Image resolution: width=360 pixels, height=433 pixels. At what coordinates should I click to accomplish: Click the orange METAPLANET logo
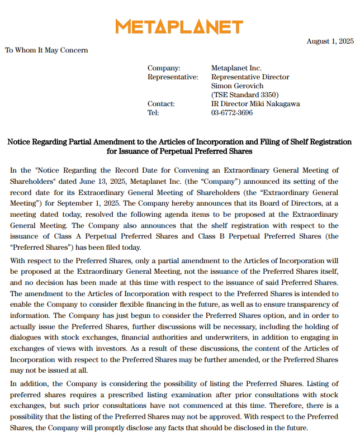179,27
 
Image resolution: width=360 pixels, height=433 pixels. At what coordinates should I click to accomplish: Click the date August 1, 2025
330,41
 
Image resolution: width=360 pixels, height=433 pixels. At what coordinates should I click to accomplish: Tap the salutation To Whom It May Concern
46,50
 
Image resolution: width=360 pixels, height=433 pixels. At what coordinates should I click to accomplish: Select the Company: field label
164,68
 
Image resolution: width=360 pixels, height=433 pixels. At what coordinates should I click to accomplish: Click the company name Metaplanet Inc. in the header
236,68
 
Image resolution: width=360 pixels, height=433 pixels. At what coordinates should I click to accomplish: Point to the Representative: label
173,77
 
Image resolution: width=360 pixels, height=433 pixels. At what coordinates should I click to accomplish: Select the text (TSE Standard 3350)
245,95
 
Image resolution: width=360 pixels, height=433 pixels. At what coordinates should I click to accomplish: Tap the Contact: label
161,104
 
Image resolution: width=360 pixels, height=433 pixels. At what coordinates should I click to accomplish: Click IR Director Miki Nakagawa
255,104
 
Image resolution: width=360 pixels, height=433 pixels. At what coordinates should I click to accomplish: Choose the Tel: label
153,113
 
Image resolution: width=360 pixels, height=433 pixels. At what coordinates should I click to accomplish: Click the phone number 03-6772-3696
232,113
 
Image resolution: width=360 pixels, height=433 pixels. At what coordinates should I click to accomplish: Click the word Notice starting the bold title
19,142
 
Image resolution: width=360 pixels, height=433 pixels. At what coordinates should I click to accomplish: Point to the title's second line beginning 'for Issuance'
179,151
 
